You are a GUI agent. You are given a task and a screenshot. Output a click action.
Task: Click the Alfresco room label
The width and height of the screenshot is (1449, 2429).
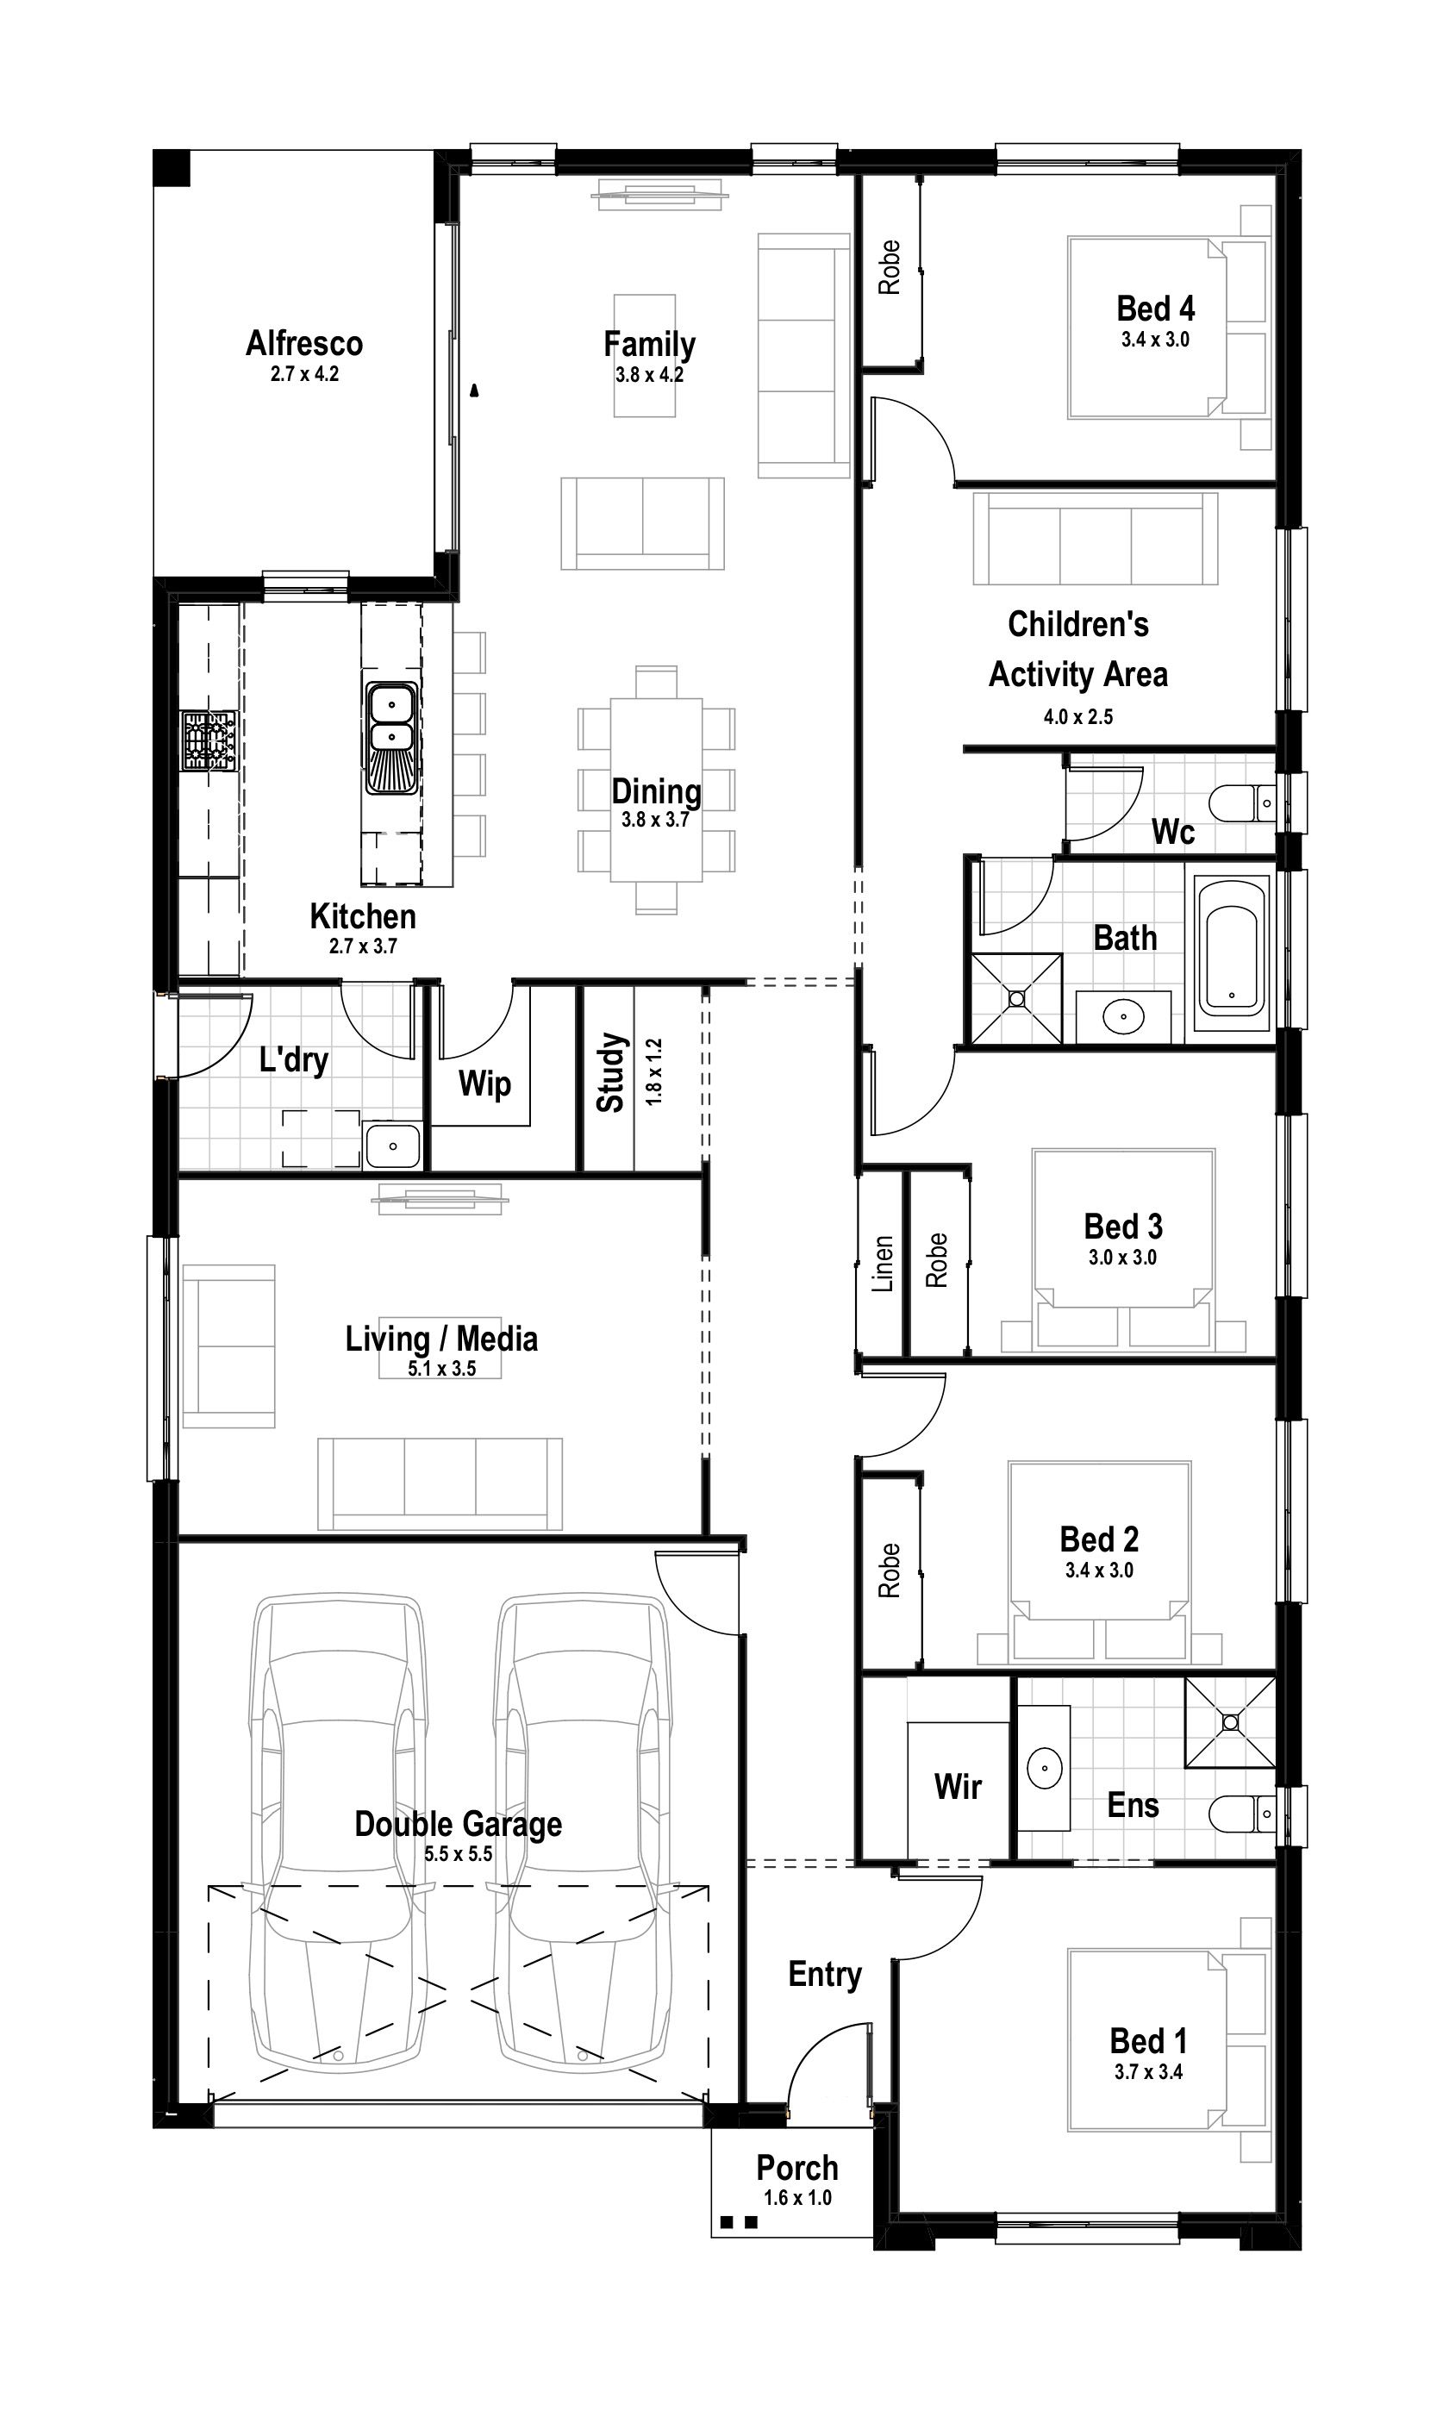[304, 344]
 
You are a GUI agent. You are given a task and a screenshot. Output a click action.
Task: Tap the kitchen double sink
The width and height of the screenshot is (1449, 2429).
[391, 738]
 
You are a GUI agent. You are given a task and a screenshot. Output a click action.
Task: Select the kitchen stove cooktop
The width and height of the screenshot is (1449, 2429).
[209, 741]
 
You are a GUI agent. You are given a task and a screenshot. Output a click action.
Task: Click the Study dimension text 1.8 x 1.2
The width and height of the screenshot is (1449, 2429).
[653, 1071]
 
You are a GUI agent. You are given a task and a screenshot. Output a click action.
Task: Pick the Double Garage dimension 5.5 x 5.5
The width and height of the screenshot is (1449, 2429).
[459, 1854]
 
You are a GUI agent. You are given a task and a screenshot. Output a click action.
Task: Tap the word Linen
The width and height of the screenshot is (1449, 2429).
[883, 1264]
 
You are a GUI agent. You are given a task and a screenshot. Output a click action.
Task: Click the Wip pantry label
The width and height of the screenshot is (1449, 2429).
[485, 1083]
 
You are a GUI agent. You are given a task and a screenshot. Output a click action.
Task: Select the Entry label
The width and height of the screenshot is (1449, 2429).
[825, 1975]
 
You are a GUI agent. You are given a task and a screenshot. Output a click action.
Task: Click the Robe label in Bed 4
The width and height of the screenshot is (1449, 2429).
[889, 267]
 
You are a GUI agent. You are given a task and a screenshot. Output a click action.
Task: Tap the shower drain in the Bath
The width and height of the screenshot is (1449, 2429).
[1016, 999]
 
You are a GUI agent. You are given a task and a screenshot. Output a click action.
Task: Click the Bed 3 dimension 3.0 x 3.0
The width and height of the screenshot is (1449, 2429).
[1123, 1258]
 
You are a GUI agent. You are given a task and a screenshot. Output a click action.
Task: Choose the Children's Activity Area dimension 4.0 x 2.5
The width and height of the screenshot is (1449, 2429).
[1078, 716]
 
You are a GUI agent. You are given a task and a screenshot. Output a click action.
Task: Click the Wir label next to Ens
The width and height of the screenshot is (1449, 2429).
[958, 1787]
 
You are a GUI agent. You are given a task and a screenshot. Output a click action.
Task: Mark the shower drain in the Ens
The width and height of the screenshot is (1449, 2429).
[1230, 1723]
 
